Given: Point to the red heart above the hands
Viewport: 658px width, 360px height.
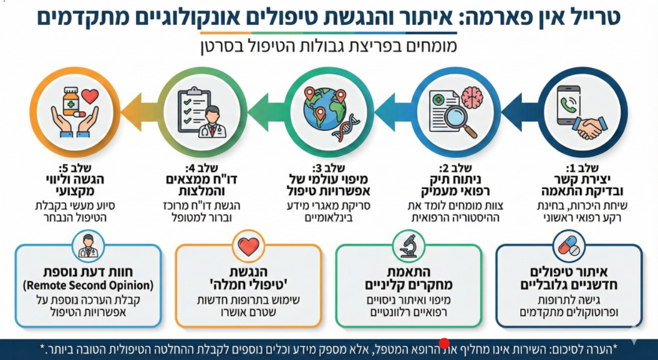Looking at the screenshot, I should tap(90, 97).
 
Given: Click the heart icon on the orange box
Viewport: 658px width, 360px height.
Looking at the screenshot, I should tap(248, 247).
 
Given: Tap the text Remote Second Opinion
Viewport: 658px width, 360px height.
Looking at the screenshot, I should tap(88, 286).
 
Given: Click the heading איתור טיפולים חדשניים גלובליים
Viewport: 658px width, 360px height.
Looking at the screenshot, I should tap(569, 280).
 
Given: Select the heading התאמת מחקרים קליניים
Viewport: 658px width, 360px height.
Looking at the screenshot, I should tap(409, 279).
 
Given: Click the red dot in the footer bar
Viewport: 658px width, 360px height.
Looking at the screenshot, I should tap(444, 344).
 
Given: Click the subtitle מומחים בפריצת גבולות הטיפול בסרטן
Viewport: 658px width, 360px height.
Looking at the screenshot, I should tap(329, 46).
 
